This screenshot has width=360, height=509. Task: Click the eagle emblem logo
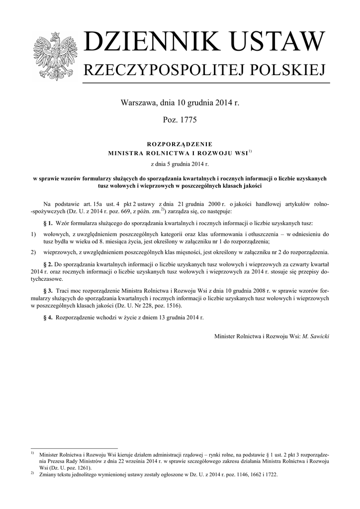pos(54,56)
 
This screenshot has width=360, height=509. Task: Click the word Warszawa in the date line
pos(138,103)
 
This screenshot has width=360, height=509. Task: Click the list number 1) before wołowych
pos(33,234)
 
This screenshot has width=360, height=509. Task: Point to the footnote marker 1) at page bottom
pos(32,453)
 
